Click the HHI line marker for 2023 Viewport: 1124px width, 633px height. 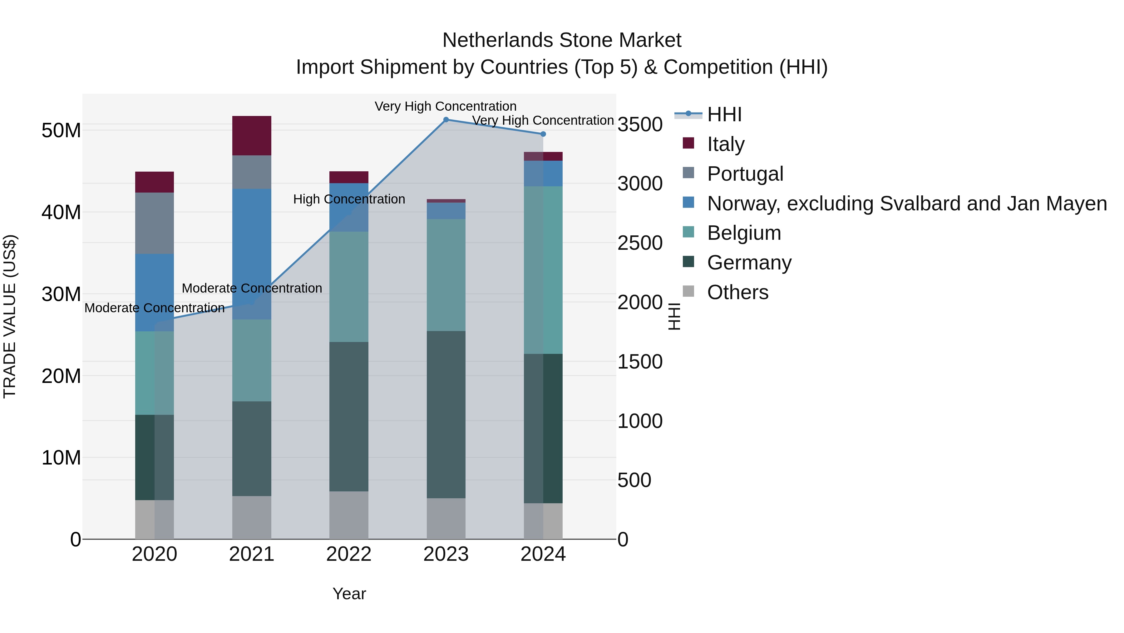pos(446,120)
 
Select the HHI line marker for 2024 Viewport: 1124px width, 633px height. pos(543,134)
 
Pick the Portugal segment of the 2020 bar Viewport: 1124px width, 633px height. pos(155,223)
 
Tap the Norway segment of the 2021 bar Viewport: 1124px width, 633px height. pos(252,254)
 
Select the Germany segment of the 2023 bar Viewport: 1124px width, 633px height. pos(446,414)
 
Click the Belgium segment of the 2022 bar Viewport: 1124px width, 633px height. pos(349,287)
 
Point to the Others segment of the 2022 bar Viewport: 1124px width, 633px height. pos(349,515)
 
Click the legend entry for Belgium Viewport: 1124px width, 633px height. pos(744,233)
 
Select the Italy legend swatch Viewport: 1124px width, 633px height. pos(688,143)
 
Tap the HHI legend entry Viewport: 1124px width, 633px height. pos(724,114)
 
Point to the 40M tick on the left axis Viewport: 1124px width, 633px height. pos(61,212)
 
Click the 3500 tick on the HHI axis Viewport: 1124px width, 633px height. pos(640,124)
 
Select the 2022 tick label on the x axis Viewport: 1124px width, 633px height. pos(349,554)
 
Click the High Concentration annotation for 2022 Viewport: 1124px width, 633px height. pos(349,199)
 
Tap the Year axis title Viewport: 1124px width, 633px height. pos(349,594)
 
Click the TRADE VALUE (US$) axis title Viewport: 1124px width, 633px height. pos(10,316)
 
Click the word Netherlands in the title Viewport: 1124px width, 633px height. pos(498,40)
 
